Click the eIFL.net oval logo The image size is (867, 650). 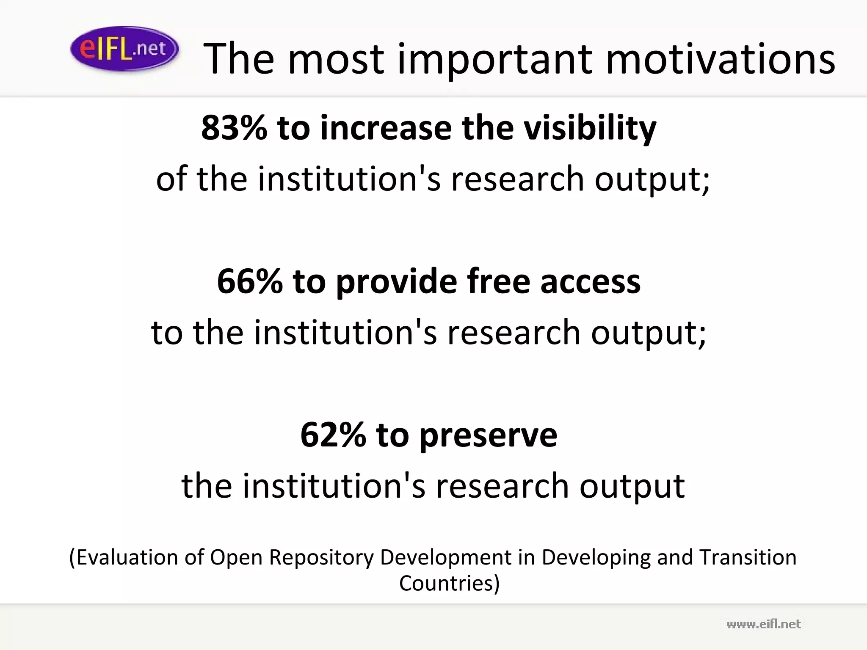click(124, 49)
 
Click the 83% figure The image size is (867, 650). click(234, 127)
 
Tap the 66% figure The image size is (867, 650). click(250, 281)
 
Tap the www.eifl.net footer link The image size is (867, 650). click(764, 624)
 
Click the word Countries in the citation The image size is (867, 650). click(449, 583)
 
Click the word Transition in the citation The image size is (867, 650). click(748, 557)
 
